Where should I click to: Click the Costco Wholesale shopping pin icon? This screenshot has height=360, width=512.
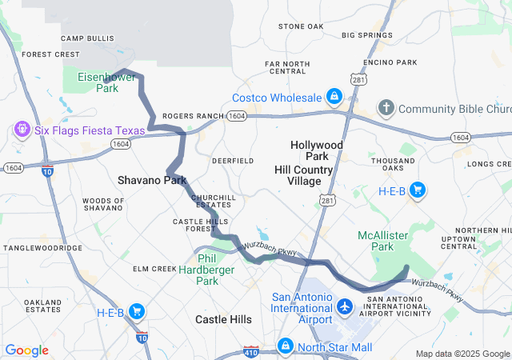334,98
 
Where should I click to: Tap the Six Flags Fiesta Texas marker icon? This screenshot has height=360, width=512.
21,128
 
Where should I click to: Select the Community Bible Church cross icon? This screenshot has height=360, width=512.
386,108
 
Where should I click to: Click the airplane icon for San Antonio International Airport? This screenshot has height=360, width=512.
345,306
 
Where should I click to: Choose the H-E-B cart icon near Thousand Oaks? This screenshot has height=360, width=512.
416,190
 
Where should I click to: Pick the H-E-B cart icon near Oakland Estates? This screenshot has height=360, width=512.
137,311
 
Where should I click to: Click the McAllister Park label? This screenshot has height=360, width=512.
382,241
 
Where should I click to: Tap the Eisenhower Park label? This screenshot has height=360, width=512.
107,82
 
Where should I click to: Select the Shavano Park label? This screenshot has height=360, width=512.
152,180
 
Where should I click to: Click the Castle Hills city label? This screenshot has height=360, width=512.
224,319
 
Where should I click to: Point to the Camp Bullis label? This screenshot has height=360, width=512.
84,38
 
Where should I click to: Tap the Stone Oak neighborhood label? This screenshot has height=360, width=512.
301,26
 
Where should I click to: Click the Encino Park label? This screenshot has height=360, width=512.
390,62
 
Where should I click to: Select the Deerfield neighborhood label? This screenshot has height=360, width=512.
233,161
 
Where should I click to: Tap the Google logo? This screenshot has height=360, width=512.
27,350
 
